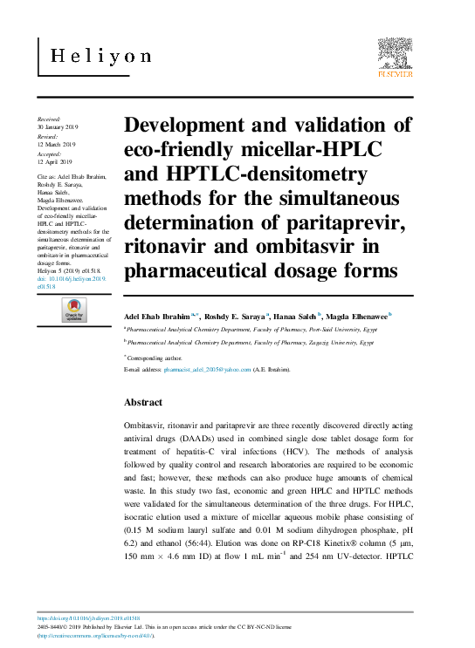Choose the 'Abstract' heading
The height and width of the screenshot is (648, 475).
(143, 402)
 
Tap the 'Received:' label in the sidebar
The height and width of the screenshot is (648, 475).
(49, 118)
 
